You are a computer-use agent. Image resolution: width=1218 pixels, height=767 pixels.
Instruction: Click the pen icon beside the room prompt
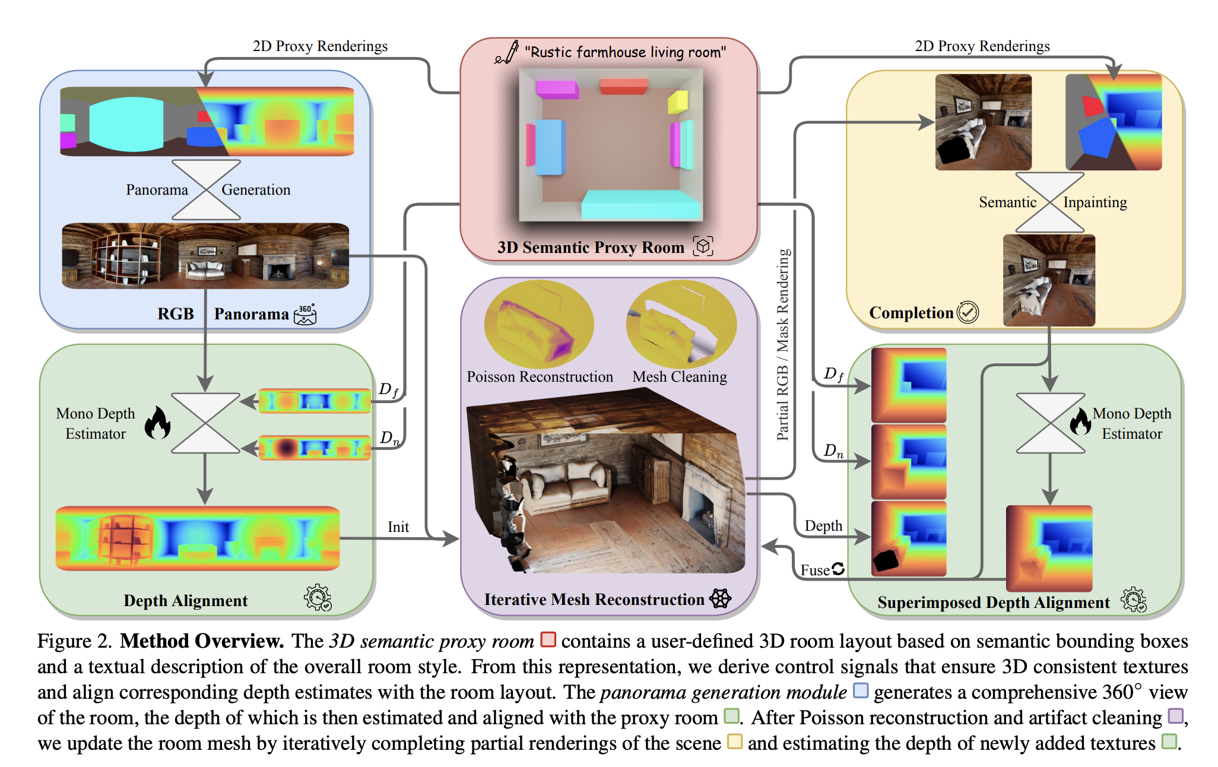pos(506,53)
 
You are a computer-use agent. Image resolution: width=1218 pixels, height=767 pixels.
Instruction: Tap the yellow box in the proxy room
pos(678,101)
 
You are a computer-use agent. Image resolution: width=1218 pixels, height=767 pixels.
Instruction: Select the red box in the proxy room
pos(623,87)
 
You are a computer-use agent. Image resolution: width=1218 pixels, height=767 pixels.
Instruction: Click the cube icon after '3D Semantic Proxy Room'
pos(703,246)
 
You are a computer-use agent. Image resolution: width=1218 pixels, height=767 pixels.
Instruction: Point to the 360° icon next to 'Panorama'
pos(305,314)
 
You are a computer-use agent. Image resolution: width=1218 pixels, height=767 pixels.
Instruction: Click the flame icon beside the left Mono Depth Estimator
pos(158,423)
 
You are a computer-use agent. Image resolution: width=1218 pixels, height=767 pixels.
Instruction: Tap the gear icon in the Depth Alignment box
pos(318,597)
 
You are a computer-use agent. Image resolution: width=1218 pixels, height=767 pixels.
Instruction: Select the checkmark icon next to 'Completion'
pos(968,312)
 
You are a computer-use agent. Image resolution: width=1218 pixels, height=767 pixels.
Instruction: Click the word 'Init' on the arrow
pos(398,527)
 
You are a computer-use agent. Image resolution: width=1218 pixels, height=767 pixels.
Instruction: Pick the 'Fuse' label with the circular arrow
pos(822,570)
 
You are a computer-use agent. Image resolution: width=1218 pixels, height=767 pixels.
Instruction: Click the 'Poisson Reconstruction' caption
pos(540,377)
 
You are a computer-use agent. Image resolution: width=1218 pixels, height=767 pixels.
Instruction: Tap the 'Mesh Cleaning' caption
pos(680,377)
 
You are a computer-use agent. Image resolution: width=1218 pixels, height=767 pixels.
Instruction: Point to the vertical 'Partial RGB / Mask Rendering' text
pos(783,344)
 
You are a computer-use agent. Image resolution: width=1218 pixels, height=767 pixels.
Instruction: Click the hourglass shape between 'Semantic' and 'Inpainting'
pos(1050,202)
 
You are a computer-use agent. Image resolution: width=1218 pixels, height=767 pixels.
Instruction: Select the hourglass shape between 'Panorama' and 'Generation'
pos(205,190)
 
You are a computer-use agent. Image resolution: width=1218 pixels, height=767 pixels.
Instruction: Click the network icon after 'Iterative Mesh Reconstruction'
pos(721,598)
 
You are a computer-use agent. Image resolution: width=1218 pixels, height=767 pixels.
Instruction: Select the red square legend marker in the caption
pos(548,639)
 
